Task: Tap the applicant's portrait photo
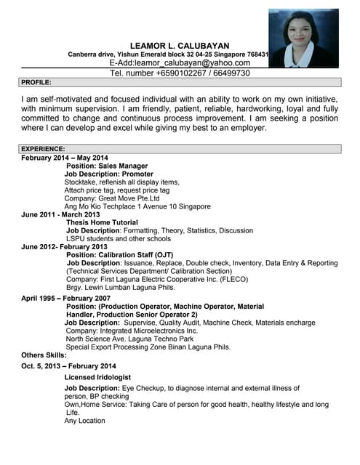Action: click(x=303, y=38)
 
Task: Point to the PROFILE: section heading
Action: click(x=36, y=83)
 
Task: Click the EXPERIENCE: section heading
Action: click(x=43, y=149)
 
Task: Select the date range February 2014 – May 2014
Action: click(x=65, y=158)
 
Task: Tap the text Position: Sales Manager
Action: click(x=107, y=166)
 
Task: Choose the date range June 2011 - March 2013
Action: click(x=61, y=214)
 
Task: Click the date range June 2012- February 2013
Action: click(x=64, y=247)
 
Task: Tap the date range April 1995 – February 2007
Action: click(x=66, y=299)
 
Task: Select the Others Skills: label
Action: click(x=44, y=355)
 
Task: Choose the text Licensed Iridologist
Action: click(x=97, y=378)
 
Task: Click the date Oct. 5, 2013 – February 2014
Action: click(x=69, y=365)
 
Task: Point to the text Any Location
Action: click(x=84, y=421)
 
